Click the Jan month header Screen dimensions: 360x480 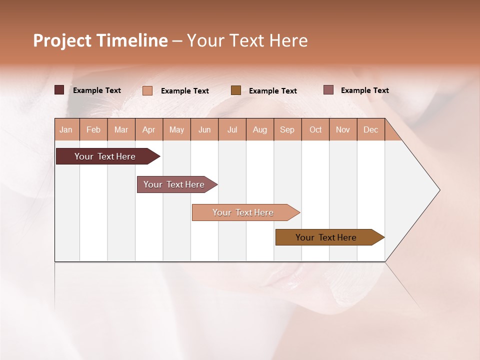click(66, 129)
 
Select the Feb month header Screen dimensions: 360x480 click(93, 129)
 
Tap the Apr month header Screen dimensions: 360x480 click(149, 129)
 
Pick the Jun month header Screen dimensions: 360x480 click(204, 129)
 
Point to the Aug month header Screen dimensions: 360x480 click(260, 129)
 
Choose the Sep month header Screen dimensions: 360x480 click(287, 129)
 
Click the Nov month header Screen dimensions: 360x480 click(343, 129)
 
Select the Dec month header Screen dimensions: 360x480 click(371, 129)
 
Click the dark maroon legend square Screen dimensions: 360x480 click(59, 90)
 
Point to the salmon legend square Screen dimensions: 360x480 click(147, 90)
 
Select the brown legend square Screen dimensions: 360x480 click(236, 90)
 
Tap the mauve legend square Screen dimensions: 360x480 click(328, 90)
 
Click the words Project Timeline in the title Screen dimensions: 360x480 click(100, 40)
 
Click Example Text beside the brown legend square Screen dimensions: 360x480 click(273, 90)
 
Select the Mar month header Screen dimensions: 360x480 click(121, 129)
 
